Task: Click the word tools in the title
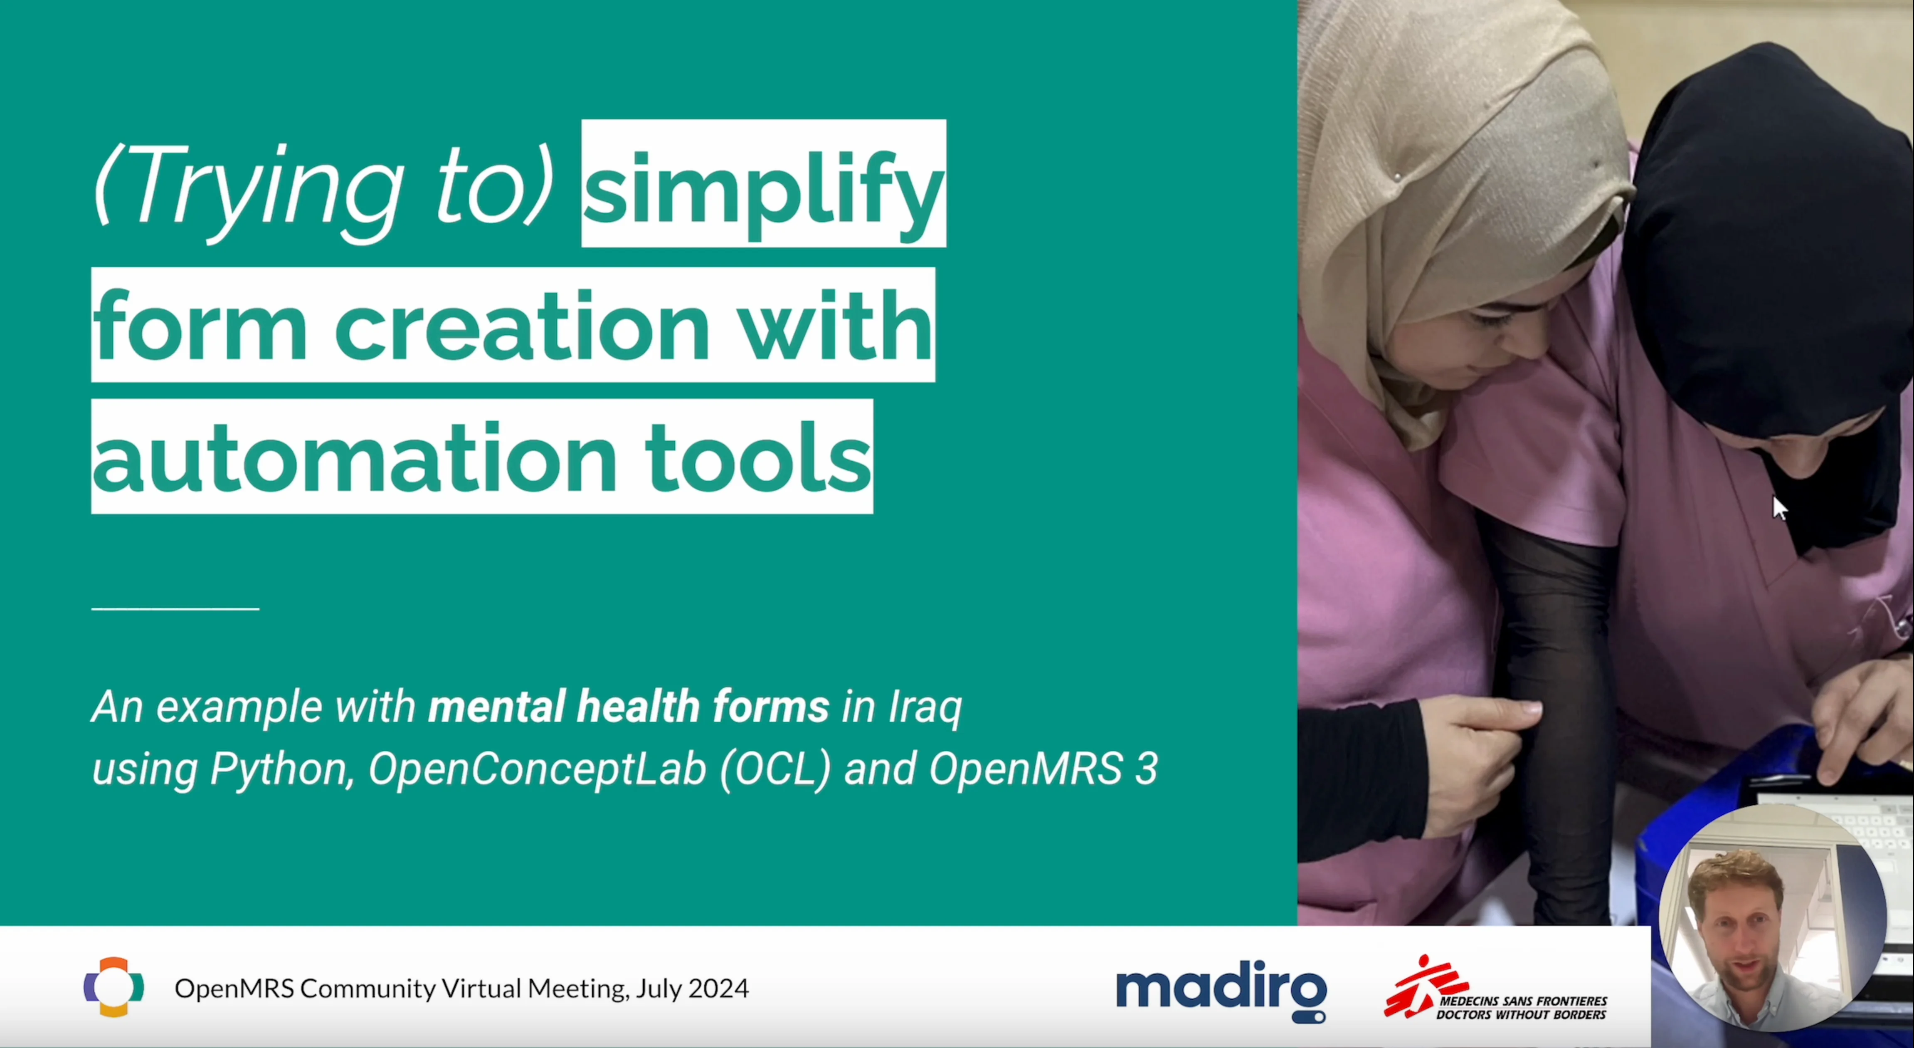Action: tap(758, 456)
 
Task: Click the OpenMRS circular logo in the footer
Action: tap(113, 987)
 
